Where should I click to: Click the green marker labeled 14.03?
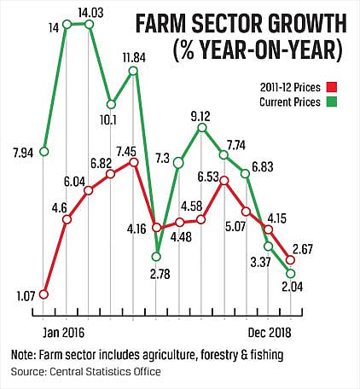89,25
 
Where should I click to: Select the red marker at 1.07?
44,294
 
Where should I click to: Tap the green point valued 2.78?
156,257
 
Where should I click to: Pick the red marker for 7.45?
134,162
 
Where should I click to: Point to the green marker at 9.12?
202,128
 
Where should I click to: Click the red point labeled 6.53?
224,180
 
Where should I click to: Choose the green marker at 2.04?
290,274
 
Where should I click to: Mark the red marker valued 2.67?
290,259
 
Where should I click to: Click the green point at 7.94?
44,152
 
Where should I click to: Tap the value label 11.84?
134,58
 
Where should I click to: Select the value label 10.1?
108,120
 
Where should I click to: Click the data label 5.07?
236,227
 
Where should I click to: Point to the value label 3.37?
260,262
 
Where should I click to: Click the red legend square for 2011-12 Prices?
331,87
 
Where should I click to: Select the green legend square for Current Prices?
331,102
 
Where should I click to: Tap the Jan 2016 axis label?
63,333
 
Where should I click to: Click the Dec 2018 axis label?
270,333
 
